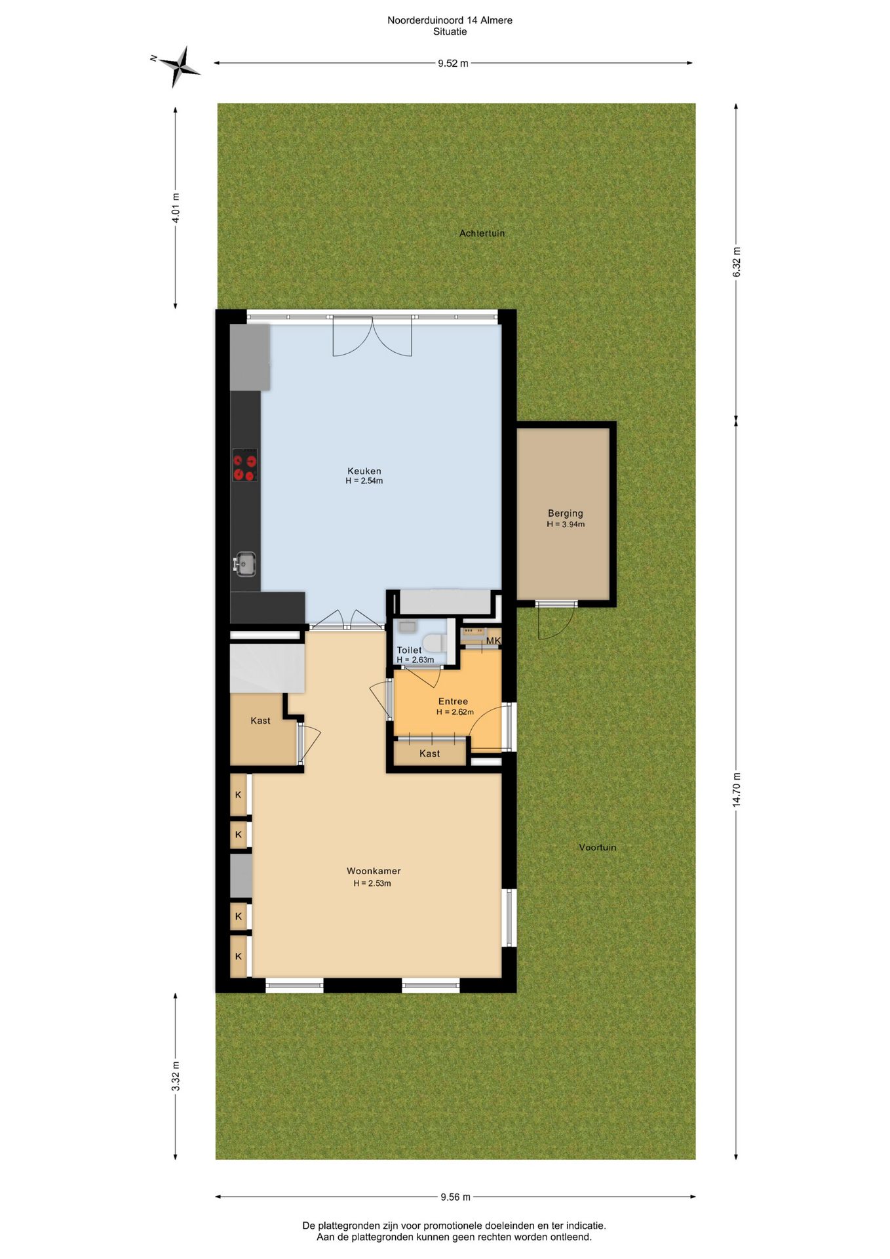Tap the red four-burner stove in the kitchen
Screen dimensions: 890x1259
[x=245, y=465]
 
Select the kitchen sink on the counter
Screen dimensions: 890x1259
[x=245, y=564]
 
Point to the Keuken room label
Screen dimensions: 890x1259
[x=364, y=471]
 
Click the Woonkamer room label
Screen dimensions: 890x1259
[x=374, y=871]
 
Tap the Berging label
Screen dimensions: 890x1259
[x=566, y=513]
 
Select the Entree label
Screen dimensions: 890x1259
[x=453, y=701]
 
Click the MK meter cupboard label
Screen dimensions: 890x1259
[x=493, y=641]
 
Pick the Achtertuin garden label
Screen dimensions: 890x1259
[x=482, y=233]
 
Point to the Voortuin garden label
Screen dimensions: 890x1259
[x=598, y=847]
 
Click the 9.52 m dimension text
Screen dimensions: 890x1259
[x=453, y=64]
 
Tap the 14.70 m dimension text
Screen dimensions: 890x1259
[x=737, y=789]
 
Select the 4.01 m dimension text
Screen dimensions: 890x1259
[x=176, y=208]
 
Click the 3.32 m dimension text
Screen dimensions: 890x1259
[x=176, y=1076]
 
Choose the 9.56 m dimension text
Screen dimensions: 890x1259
[x=455, y=1197]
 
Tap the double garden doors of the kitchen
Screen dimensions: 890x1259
[x=372, y=336]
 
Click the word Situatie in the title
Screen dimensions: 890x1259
[x=450, y=31]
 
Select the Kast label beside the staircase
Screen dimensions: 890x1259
[x=260, y=721]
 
